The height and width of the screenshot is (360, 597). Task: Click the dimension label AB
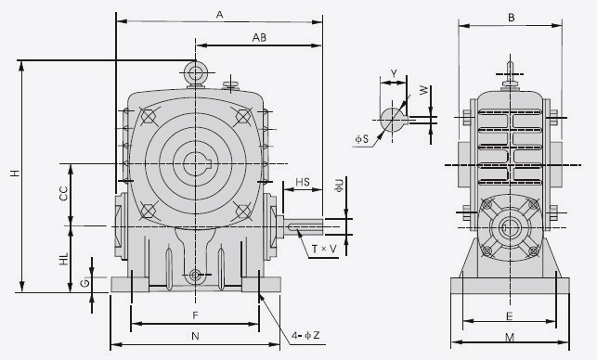pos(259,37)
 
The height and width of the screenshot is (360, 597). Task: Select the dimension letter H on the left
pos(15,173)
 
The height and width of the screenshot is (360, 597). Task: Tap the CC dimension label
pos(63,193)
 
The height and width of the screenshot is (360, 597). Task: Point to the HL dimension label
pos(63,259)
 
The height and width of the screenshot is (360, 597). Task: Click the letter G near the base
pos(85,283)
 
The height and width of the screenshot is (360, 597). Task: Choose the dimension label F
pos(195,315)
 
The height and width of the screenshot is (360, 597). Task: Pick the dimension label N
pos(195,336)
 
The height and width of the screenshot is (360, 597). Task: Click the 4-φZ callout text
pos(305,335)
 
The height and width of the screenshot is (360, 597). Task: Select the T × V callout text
pos(324,250)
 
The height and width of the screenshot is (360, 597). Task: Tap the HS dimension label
pos(303,182)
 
